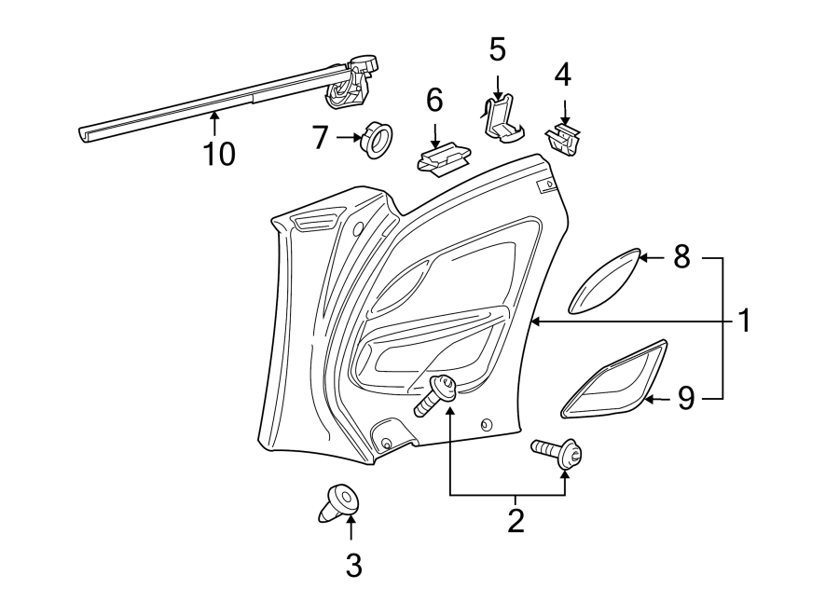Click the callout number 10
220,153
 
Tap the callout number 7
321,139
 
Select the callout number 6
434,98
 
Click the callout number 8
681,256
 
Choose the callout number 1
744,322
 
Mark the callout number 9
686,399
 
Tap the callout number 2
516,520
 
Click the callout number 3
353,564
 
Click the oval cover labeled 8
605,281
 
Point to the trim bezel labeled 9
615,379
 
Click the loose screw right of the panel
557,454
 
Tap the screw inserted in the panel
434,395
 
